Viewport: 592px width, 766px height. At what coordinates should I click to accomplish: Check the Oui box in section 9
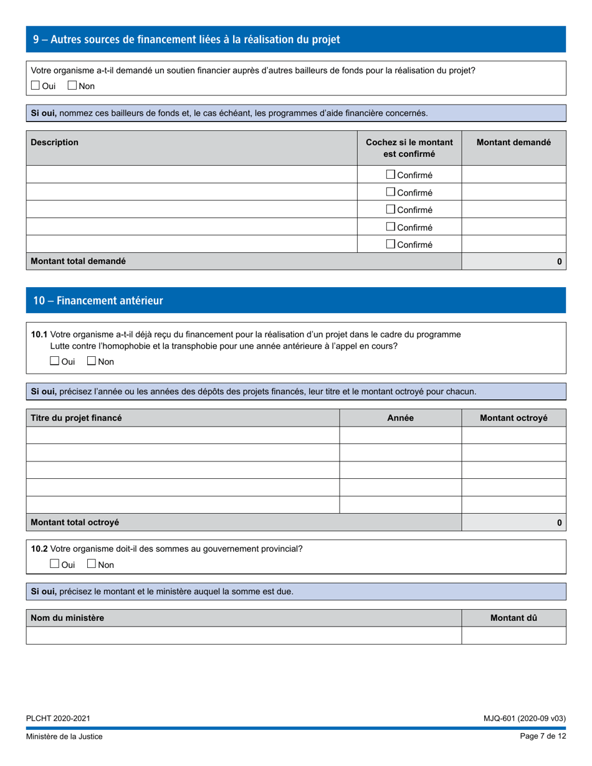[x=36, y=85]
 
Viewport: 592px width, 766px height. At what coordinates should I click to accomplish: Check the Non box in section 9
[x=72, y=85]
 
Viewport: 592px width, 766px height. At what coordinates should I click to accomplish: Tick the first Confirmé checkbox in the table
[x=391, y=174]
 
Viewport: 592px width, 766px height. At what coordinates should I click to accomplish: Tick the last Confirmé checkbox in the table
[x=391, y=244]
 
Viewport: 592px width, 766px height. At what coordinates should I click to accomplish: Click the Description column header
[x=55, y=142]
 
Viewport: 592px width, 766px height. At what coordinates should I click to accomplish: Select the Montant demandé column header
[x=513, y=142]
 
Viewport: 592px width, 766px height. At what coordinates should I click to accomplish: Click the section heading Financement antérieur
[x=98, y=301]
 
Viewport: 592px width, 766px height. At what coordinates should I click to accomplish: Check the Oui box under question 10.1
[x=55, y=361]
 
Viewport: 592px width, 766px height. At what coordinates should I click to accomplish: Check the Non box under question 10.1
[x=92, y=361]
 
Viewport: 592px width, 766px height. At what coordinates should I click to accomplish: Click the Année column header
[x=400, y=418]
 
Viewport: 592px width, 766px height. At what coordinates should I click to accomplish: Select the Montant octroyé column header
[x=513, y=418]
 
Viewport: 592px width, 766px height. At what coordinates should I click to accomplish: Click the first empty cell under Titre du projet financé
[x=183, y=435]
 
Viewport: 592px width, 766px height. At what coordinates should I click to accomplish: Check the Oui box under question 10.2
[x=55, y=564]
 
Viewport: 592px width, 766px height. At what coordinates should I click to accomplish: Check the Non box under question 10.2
[x=92, y=564]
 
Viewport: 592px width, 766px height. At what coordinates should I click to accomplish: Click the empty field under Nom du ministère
[x=244, y=635]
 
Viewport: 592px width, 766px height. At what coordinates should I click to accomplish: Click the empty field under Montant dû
[x=513, y=635]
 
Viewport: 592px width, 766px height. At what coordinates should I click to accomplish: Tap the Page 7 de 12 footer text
[x=543, y=736]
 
